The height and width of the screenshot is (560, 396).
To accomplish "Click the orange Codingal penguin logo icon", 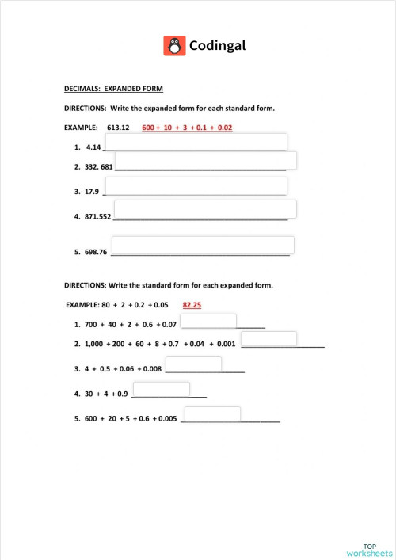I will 174,46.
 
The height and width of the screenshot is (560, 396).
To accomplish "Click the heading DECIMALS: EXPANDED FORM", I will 113,89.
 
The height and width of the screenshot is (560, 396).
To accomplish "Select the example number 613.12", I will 118,128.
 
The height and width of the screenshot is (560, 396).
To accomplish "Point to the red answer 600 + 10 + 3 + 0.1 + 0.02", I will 187,128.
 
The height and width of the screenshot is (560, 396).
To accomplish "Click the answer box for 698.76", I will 204,245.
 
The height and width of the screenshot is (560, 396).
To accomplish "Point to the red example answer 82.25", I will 193,304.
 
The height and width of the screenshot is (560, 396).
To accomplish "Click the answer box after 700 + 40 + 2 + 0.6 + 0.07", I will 209,321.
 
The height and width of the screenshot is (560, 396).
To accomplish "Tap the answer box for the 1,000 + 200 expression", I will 268,339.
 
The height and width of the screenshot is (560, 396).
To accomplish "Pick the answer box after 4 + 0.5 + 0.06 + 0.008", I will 193,364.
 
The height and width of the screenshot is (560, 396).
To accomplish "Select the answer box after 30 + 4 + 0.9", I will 161,389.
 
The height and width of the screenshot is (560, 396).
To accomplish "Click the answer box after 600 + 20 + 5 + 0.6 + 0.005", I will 212,414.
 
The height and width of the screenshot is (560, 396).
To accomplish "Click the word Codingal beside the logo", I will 217,46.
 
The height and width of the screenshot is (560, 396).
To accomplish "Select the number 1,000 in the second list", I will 93,345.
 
